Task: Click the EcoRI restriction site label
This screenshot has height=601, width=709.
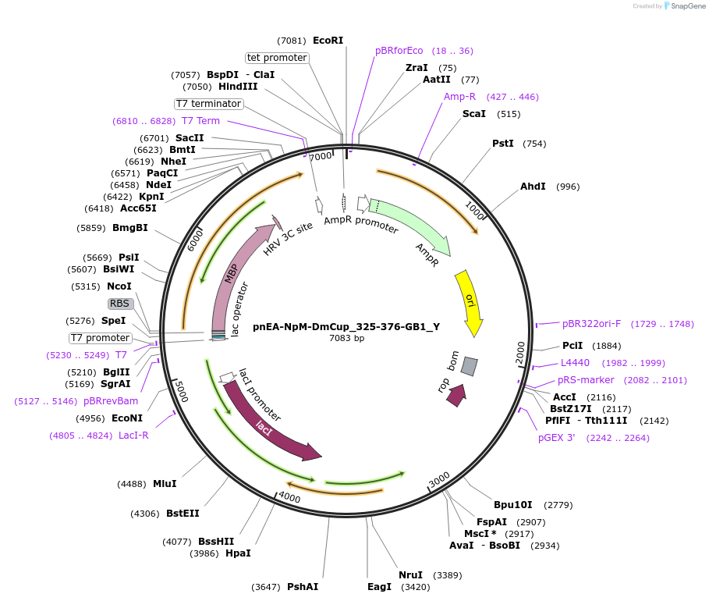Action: coord(328,40)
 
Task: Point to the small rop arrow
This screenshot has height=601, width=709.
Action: coord(456,395)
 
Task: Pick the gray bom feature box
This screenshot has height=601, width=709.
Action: coord(469,365)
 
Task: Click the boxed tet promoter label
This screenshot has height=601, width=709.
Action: coord(277,58)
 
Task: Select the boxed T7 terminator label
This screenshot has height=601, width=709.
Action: coord(208,104)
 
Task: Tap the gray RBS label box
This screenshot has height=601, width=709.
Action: coord(119,304)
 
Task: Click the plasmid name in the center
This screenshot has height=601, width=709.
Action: coord(346,327)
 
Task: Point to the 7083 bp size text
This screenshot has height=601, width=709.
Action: coord(346,339)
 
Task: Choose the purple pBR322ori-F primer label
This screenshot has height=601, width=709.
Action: coord(591,324)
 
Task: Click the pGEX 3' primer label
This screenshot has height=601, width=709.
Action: coord(556,438)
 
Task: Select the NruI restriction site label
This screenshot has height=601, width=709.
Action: coord(410,575)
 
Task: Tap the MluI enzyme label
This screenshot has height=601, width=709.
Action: coord(165,484)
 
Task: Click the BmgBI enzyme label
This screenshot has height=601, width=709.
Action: coord(129,228)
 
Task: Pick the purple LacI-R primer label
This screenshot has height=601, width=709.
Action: coord(133,436)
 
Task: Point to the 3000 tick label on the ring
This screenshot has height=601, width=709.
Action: coord(439,478)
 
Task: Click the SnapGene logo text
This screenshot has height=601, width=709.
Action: coord(687,6)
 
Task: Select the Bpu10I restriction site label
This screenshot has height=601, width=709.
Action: coord(512,505)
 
